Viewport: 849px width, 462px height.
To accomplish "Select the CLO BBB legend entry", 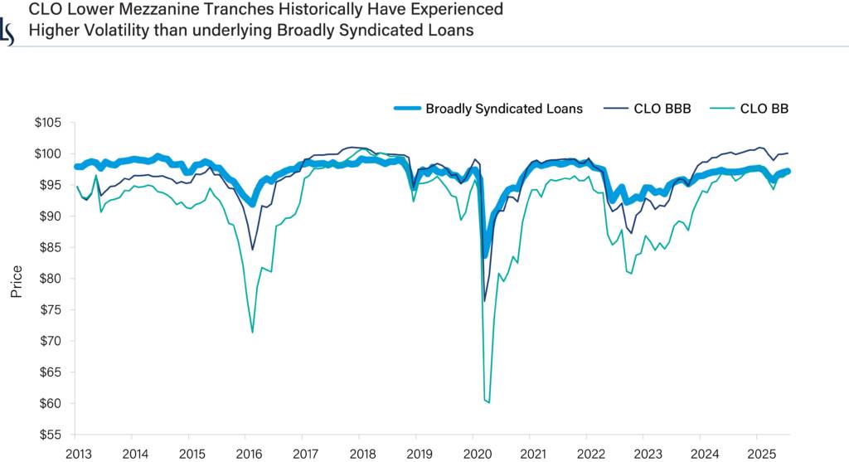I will click(x=662, y=108).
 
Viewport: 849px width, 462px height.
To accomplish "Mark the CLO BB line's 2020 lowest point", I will click(x=489, y=402).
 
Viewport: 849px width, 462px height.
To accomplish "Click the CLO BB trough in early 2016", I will click(x=252, y=332).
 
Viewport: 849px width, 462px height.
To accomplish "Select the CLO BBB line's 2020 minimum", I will click(x=484, y=301).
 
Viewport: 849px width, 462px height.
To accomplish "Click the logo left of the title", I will click(x=7, y=32).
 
